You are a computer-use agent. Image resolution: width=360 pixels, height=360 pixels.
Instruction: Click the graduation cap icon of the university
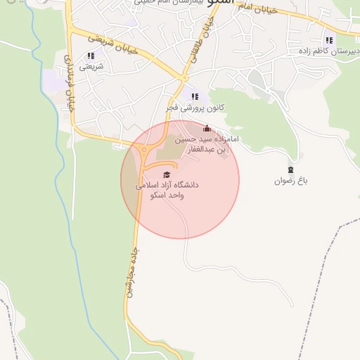coord(167,175)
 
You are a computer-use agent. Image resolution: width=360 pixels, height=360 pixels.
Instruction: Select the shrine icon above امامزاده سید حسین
coord(207,129)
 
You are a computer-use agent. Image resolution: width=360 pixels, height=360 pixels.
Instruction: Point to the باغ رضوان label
coord(291,181)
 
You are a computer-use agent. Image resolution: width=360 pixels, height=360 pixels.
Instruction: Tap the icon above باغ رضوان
coord(291,169)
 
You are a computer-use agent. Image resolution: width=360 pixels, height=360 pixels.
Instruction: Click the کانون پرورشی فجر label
coord(195,108)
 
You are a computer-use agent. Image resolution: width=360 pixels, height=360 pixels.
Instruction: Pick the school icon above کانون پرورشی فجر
coord(195,96)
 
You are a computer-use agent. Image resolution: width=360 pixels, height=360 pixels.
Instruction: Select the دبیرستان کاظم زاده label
coord(328,51)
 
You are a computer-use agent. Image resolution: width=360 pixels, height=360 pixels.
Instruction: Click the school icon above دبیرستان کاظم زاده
coord(329,40)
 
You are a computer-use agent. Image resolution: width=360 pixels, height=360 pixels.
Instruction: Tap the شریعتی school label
coord(91,67)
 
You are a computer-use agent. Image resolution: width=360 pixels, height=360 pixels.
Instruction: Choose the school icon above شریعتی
coord(91,56)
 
